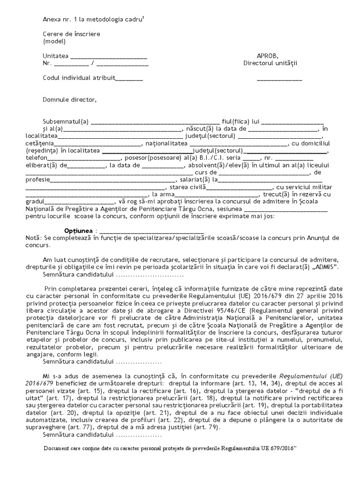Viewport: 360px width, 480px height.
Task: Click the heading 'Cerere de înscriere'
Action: click(x=71, y=34)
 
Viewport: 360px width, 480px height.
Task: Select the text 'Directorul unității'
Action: click(x=270, y=63)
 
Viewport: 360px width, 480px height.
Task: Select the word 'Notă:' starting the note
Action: click(x=34, y=238)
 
